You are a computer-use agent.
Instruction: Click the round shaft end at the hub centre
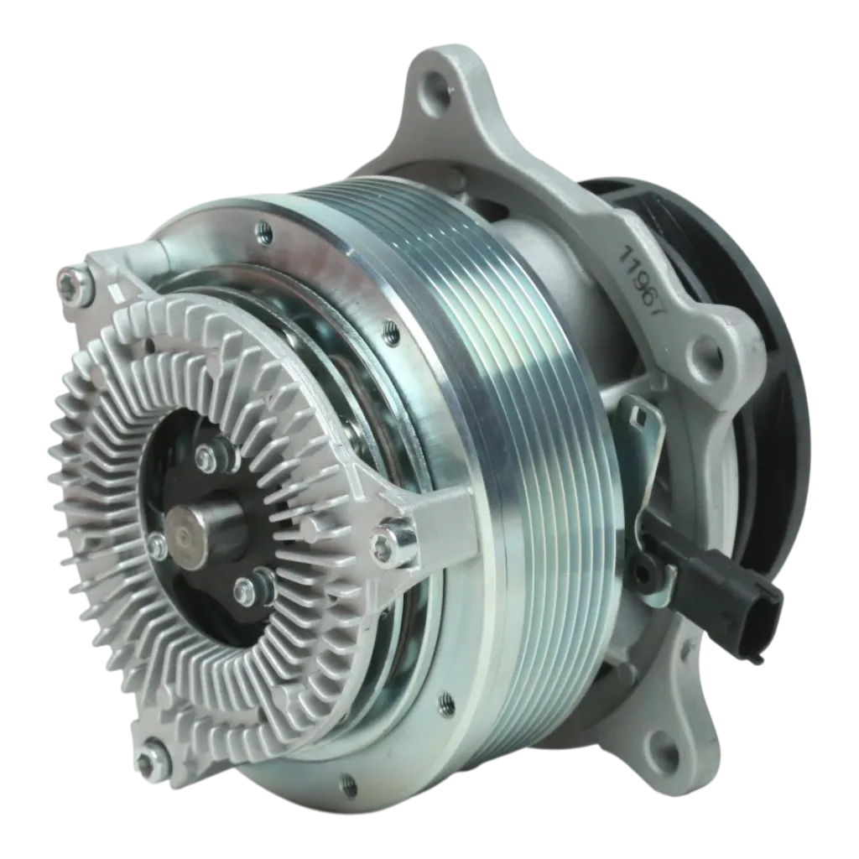[190, 534]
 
